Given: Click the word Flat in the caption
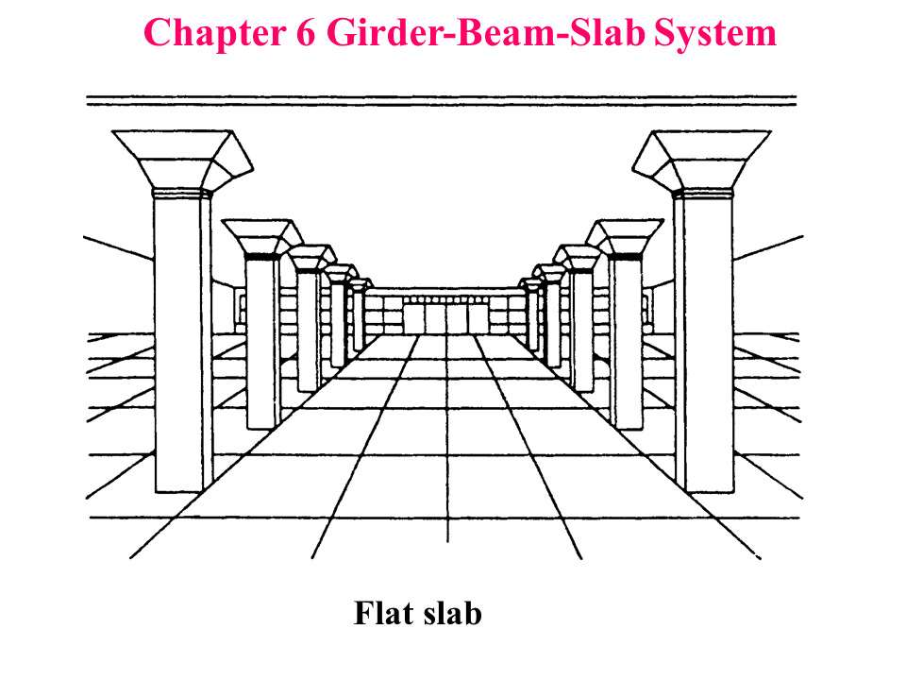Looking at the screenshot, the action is pos(382,614).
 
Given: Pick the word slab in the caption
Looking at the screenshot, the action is pos(450,614).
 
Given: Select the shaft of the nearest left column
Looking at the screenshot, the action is pos(180,340).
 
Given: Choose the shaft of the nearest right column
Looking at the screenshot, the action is pos(704,340).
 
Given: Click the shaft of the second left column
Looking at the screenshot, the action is pos(261,340).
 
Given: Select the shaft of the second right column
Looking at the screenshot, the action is pos(624,340).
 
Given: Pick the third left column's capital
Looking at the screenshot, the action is pos(309,258).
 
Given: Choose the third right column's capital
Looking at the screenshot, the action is pos(577,258).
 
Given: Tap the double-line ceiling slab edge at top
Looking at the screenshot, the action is pos(442,99).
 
